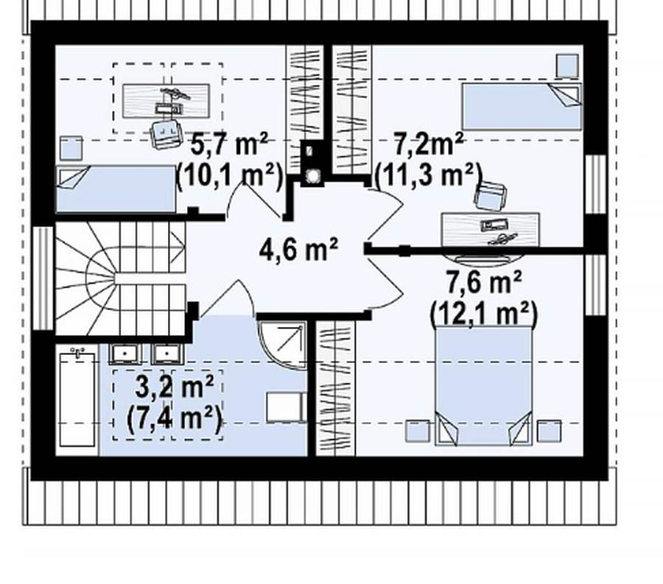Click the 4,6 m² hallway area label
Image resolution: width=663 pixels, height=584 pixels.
coord(298,250)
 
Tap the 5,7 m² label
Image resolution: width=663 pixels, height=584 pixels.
coord(229,144)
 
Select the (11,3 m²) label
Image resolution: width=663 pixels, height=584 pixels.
coord(429,175)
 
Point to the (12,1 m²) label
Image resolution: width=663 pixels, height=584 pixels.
coord(484,314)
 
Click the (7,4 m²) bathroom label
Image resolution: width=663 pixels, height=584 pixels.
coord(174,419)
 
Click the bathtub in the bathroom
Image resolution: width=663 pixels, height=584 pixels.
coord(77,399)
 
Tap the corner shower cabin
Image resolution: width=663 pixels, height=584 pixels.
coord(282,345)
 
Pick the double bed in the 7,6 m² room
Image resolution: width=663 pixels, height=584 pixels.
coord(484,385)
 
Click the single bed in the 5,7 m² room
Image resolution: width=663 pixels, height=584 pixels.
coord(116,189)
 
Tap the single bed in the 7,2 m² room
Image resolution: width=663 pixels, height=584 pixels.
coord(522,106)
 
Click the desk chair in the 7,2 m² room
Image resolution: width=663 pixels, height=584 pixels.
coord(491,196)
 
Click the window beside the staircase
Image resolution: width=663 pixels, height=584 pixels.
coord(43,278)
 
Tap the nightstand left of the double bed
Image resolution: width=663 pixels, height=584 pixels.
coord(418,431)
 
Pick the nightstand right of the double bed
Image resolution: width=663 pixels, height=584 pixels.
coord(550,431)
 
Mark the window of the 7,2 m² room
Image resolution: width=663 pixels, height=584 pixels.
coord(596,184)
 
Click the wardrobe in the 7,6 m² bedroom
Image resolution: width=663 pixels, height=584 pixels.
coord(336,389)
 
